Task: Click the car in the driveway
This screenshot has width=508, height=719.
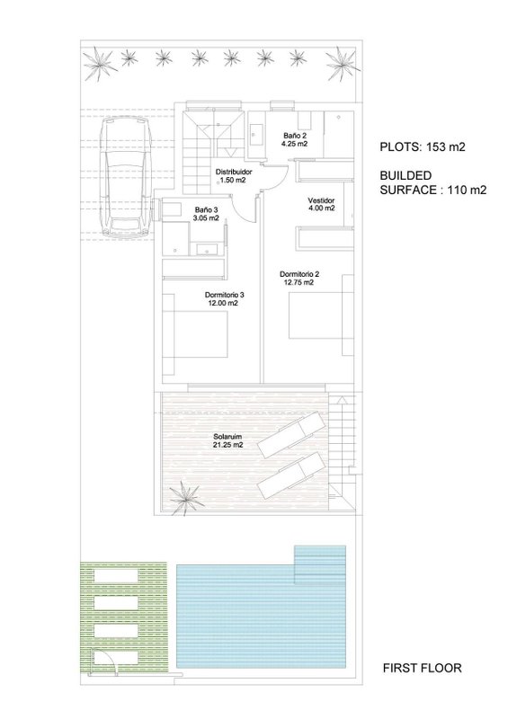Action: [x=126, y=177]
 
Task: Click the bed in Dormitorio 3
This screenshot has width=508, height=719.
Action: [x=201, y=334]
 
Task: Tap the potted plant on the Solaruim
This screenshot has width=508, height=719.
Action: [x=186, y=498]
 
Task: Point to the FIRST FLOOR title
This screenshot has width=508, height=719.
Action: [x=423, y=668]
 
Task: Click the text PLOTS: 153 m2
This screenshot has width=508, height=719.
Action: [x=423, y=147]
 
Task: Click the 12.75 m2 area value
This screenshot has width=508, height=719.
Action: [x=299, y=282]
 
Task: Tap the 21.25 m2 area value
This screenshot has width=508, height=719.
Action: [x=227, y=445]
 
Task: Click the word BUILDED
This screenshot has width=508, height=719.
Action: [x=406, y=175]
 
